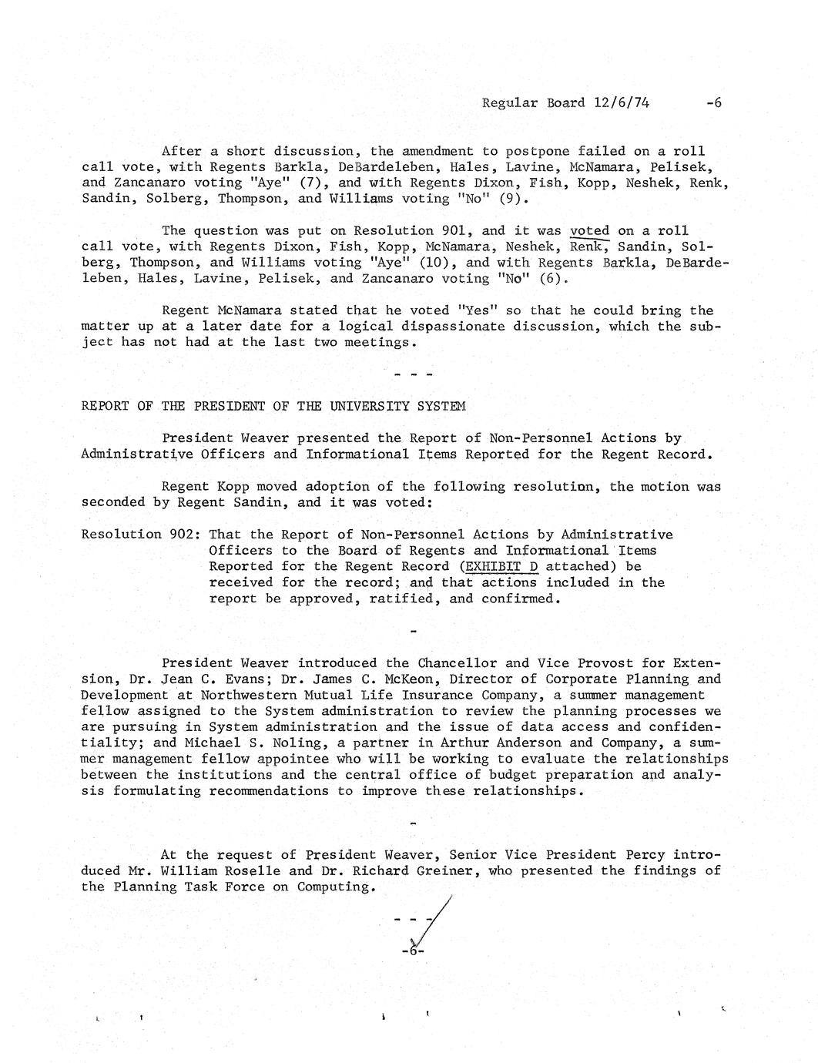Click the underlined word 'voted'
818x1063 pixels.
click(x=589, y=231)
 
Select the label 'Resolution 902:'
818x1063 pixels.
click(x=142, y=535)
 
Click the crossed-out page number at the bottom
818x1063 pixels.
click(x=414, y=951)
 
